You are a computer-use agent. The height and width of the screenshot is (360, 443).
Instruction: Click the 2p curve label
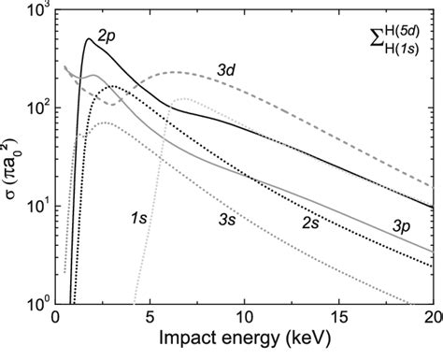point(108,34)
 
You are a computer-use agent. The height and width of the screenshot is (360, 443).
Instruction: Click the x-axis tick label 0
point(57,319)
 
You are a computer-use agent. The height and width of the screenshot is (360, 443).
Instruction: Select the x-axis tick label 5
point(151,319)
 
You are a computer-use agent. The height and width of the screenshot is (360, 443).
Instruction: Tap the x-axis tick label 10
point(246,319)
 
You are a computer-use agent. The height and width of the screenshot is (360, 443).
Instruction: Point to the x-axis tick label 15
point(340,319)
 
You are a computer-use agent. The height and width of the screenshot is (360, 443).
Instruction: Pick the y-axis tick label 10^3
point(33,11)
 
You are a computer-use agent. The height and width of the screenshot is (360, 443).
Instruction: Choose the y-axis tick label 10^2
point(33,108)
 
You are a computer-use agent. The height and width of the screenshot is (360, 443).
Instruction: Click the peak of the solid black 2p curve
point(89,39)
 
